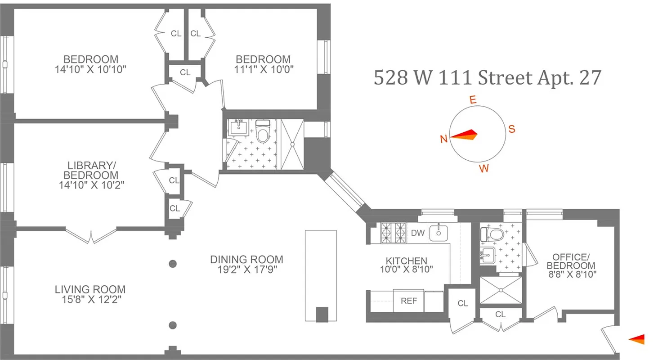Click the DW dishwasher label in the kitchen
click(x=417, y=233)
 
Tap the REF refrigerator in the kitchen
click(x=408, y=301)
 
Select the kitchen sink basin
click(x=439, y=233)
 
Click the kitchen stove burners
click(x=393, y=233)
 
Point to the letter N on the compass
click(x=443, y=139)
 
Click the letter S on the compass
click(x=511, y=129)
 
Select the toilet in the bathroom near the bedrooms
click(x=262, y=131)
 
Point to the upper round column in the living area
click(x=172, y=264)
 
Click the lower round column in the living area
click(x=172, y=325)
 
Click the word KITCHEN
click(x=406, y=261)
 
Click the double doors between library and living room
click(x=91, y=236)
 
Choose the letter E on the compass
click(x=473, y=100)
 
